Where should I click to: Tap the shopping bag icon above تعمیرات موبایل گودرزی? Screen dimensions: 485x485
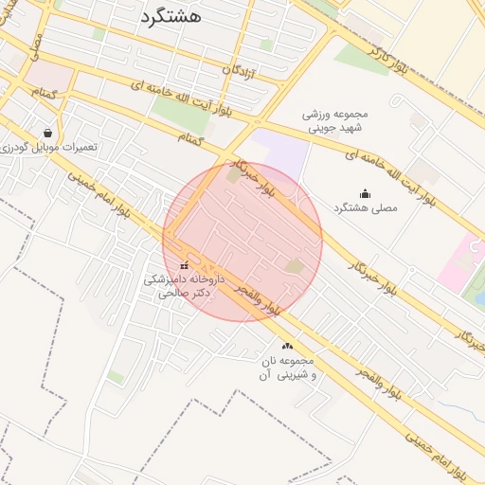pos(48,134)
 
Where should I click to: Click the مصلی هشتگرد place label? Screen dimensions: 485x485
pos(366,207)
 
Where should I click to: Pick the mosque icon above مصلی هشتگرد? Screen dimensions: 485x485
pos(367,193)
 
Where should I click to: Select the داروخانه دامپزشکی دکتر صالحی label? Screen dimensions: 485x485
pos(182,286)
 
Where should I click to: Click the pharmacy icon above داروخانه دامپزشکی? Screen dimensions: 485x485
pos(184,266)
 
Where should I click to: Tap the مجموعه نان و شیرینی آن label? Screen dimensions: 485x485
pos(287,368)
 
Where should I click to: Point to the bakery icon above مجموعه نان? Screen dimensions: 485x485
pos(287,347)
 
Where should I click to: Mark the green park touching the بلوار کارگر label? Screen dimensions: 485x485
pos(360,59)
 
